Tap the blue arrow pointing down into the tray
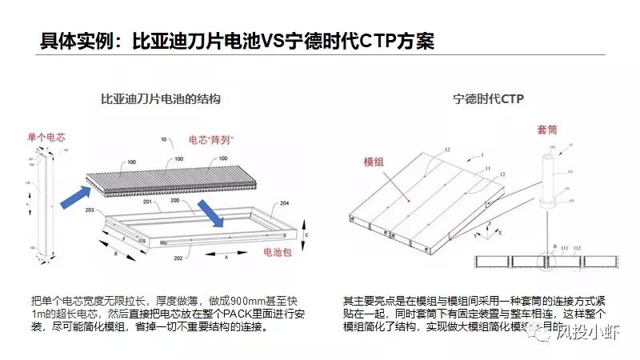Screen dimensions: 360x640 click(x=212, y=212)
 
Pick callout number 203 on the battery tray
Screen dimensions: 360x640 click(x=90, y=210)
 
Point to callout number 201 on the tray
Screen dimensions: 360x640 click(x=146, y=203)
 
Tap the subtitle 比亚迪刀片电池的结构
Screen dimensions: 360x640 click(x=160, y=99)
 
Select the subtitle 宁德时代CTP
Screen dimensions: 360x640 click(x=487, y=99)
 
